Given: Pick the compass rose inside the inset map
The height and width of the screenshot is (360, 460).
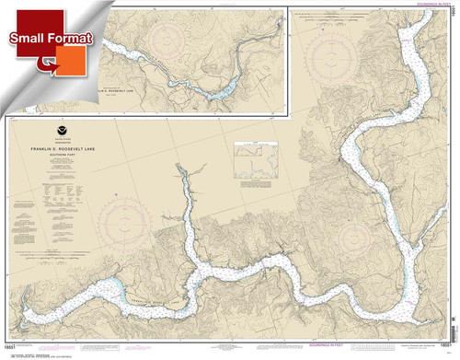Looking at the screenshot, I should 169,42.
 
